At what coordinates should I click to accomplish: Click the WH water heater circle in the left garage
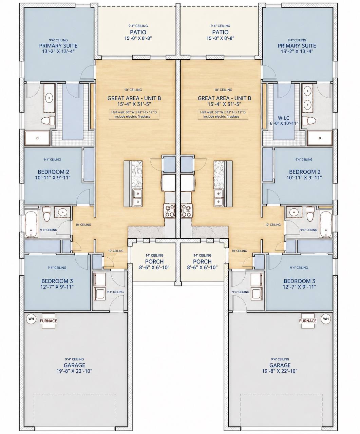tap(31, 319)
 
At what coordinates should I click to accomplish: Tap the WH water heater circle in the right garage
tap(326, 319)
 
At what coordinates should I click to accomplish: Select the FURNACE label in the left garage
tap(49, 321)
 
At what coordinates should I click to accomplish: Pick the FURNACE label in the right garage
tap(308, 321)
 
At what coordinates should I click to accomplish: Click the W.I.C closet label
tap(284, 118)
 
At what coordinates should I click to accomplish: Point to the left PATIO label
tap(138, 32)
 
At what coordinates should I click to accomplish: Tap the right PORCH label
tap(202, 261)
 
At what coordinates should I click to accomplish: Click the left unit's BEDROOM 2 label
tap(53, 172)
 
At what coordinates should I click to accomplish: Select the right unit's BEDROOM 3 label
tap(300, 281)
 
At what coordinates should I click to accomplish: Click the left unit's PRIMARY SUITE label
tap(58, 46)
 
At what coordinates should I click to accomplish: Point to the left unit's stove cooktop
tap(170, 211)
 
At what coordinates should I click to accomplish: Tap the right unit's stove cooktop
tap(186, 211)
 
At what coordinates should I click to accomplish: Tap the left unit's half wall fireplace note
tap(134, 114)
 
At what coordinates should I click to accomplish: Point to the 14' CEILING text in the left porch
tap(154, 255)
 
